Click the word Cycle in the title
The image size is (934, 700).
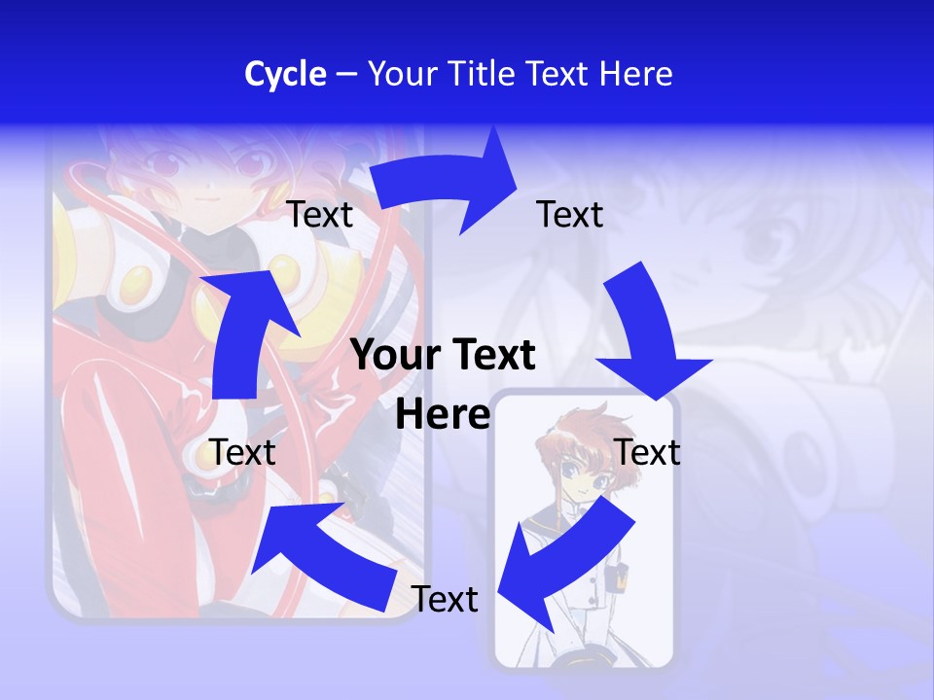(x=285, y=74)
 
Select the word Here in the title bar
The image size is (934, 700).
(x=636, y=74)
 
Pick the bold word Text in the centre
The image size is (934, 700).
(x=490, y=355)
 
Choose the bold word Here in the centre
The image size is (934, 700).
(x=443, y=414)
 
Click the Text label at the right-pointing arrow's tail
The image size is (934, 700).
(x=320, y=215)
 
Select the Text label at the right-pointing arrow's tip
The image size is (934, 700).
(x=570, y=214)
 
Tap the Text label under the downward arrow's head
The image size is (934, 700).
(x=648, y=452)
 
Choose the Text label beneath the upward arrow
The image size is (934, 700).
(x=243, y=452)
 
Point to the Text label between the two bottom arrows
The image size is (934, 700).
(x=445, y=599)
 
